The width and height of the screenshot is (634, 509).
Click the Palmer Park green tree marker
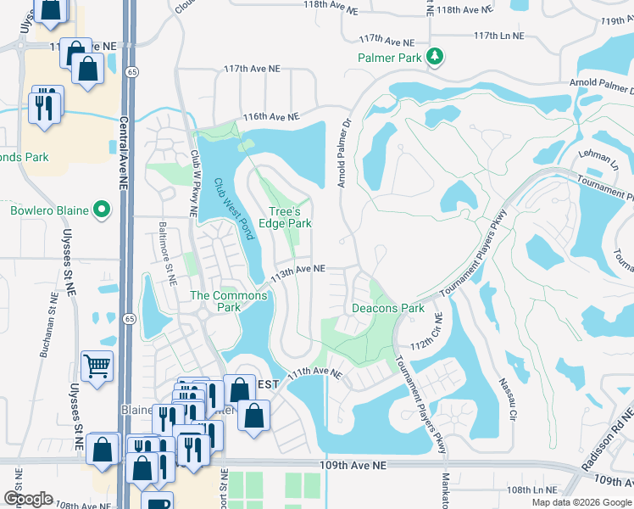point(436,57)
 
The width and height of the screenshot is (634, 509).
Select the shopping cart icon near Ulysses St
point(97,366)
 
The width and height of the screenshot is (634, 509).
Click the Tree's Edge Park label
point(290,217)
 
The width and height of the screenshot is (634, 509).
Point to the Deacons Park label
point(388,308)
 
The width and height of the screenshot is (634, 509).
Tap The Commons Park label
point(228,301)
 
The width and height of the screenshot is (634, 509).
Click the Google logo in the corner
point(28,499)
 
